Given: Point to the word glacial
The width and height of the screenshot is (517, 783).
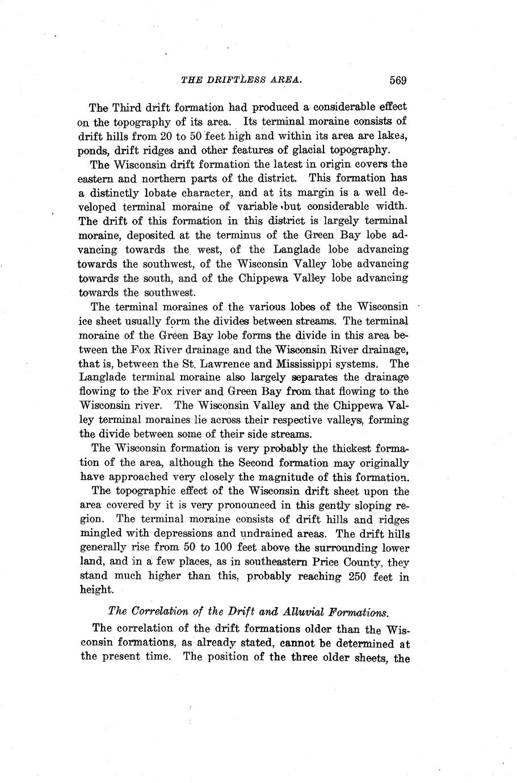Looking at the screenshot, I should click(330, 150).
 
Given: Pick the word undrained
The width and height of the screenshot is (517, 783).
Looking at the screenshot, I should click(270, 534).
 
